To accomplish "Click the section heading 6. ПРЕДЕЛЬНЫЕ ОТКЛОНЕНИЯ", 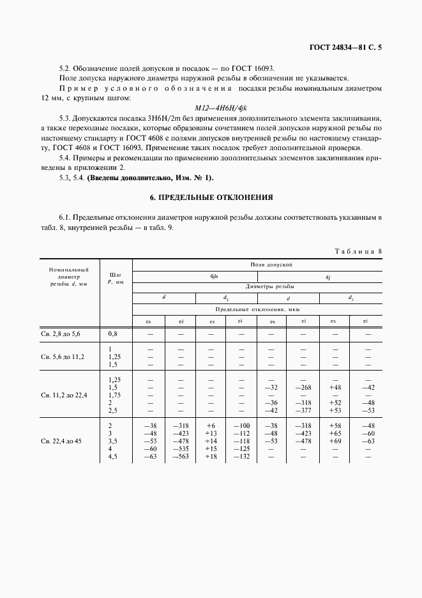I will pos(211,197).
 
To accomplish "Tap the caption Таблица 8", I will pos(358,251).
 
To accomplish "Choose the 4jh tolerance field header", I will pos(195,276).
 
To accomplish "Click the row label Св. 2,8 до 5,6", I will pos(62,333).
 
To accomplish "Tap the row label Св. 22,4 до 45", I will pos(63,441).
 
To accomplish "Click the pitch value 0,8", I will pos(114,333).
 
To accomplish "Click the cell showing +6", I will pos(211,425).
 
